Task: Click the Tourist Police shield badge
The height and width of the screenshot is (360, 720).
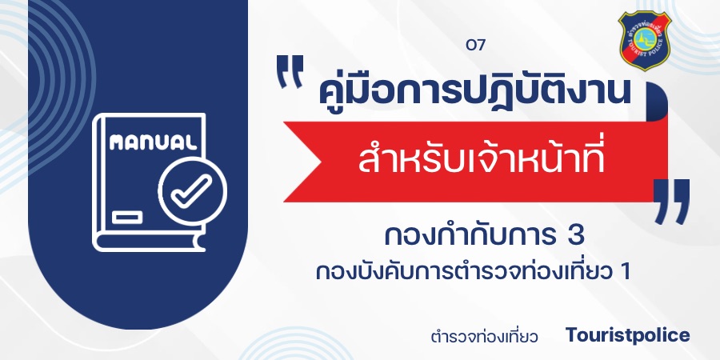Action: [x=645, y=41]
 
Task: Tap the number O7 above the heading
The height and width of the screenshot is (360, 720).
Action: [x=475, y=46]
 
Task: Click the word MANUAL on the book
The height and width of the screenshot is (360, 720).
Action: [x=153, y=143]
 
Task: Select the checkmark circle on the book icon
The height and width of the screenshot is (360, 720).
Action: [x=192, y=191]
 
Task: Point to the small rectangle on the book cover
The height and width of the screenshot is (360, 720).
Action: [x=127, y=217]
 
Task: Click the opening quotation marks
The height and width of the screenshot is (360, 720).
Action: [x=290, y=71]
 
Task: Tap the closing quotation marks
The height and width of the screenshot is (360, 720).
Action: [x=671, y=202]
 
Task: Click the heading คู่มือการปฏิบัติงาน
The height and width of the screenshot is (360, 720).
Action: [x=473, y=91]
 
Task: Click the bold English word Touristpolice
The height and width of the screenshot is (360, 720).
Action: [x=627, y=334]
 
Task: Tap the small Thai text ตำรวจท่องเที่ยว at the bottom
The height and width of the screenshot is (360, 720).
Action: [x=485, y=336]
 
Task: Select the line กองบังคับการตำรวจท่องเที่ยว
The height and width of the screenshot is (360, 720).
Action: [x=463, y=271]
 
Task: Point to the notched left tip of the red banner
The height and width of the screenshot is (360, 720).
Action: [x=322, y=162]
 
